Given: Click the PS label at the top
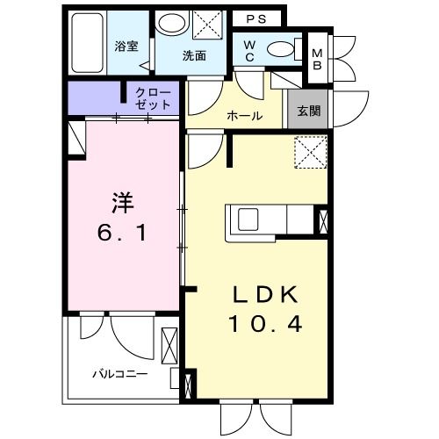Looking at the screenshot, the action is click(256, 19).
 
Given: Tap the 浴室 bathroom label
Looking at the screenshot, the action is click(126, 47).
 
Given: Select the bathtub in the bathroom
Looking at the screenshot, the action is click(87, 43).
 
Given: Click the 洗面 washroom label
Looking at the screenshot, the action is click(194, 55).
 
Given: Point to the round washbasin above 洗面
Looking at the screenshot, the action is click(172, 25).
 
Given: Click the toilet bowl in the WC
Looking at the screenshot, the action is click(280, 49).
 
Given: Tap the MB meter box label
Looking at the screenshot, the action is click(317, 60).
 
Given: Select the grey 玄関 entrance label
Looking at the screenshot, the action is click(309, 112).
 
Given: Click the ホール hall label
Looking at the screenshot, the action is click(245, 116).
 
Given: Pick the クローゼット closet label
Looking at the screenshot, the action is click(153, 98).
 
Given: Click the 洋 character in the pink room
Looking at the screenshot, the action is click(123, 203).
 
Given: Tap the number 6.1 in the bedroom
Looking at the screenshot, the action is click(122, 234).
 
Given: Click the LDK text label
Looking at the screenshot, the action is click(265, 295).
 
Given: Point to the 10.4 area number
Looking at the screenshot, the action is click(265, 324).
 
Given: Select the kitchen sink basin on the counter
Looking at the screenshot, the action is click(248, 219).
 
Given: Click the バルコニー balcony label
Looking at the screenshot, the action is click(120, 374).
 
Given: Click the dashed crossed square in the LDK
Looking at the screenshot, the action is click(311, 152).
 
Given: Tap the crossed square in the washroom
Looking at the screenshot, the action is click(207, 25).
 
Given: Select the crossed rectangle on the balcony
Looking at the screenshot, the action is click(169, 346).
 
